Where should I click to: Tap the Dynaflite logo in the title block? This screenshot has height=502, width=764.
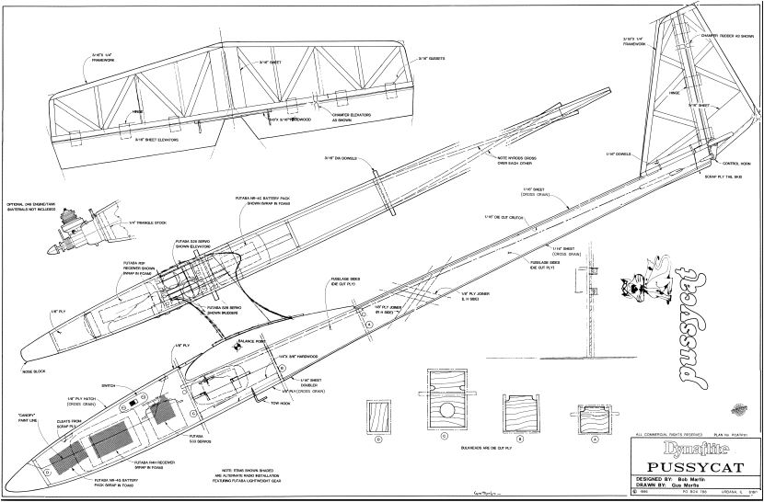pyautogui.click(x=664, y=448)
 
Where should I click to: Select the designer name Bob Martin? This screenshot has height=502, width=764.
pyautogui.click(x=682, y=480)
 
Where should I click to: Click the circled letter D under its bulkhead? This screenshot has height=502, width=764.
pyautogui.click(x=378, y=439)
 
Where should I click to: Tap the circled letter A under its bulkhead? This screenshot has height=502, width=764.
pyautogui.click(x=594, y=439)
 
